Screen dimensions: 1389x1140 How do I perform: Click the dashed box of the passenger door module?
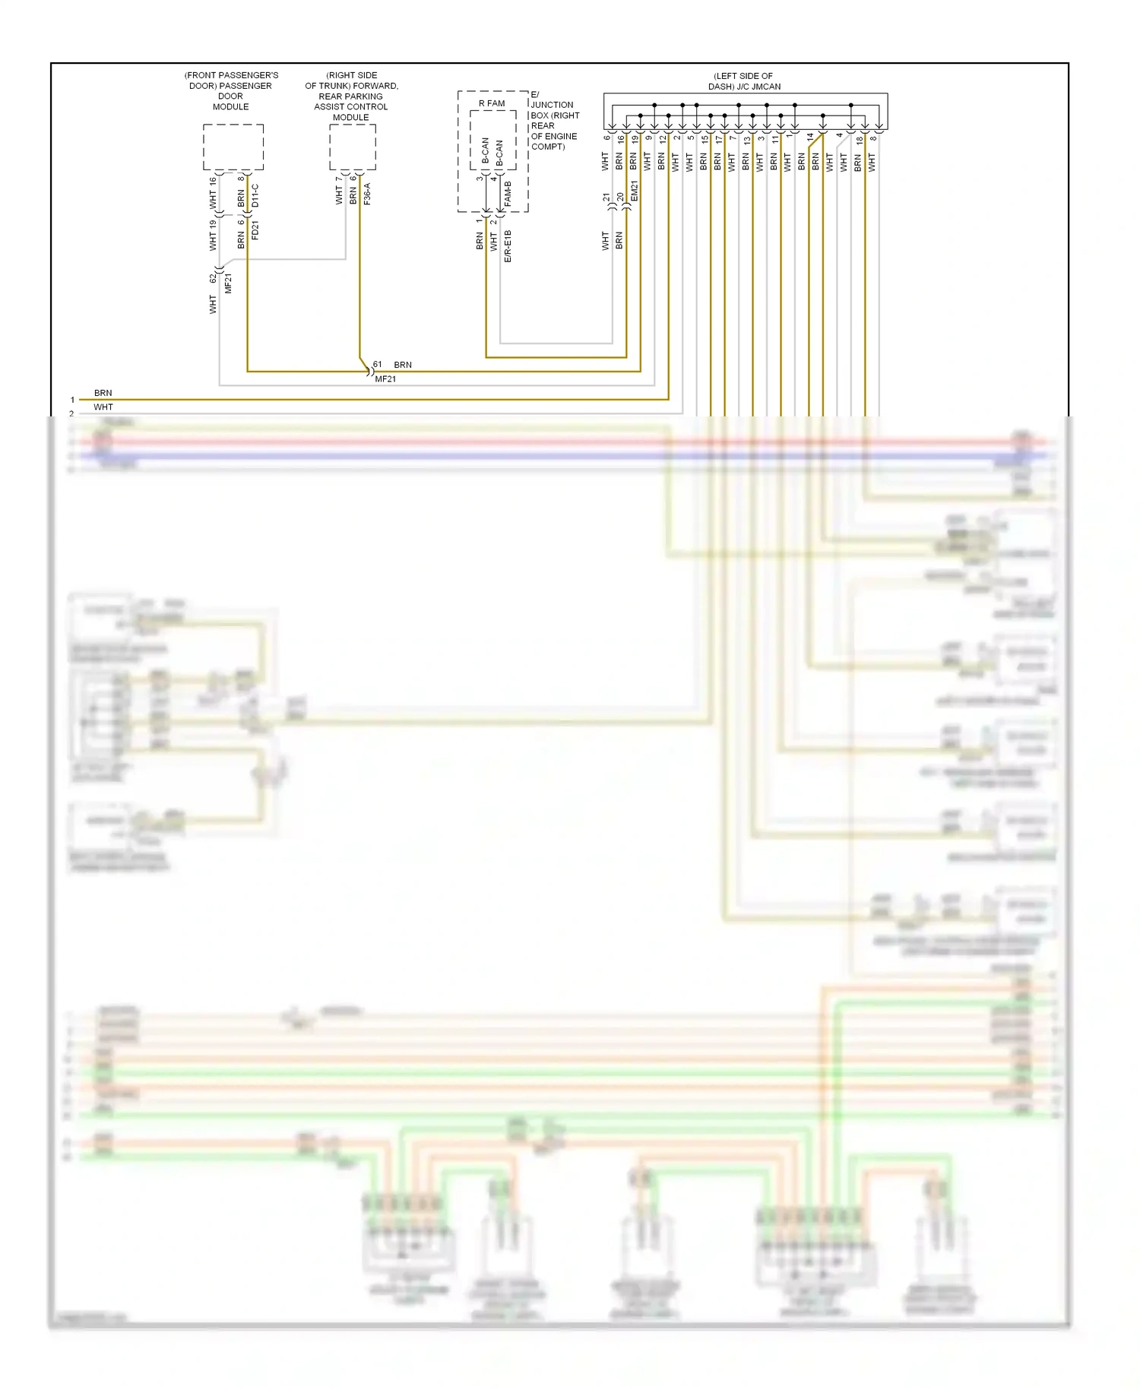(233, 147)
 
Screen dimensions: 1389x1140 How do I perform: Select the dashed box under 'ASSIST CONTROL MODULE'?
(352, 147)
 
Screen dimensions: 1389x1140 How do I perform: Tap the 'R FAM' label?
(492, 103)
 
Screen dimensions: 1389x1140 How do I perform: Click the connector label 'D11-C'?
(255, 195)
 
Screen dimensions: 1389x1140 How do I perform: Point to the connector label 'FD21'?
(255, 230)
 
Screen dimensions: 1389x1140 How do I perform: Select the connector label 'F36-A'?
(367, 194)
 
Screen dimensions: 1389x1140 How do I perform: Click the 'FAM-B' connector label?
(508, 195)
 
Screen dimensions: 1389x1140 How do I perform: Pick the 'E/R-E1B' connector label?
(508, 246)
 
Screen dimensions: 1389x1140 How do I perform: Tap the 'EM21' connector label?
(635, 191)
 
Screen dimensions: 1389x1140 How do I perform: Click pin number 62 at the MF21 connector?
(214, 279)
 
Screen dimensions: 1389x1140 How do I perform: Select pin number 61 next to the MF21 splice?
(378, 365)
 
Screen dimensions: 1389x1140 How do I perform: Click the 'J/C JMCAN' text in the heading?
(758, 87)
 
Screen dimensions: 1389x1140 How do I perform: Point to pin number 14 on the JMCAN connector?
(810, 138)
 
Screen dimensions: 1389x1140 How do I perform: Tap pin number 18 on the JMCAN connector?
(860, 140)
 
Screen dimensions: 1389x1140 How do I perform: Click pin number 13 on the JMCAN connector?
(747, 140)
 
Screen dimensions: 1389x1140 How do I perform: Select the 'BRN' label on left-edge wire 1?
(103, 393)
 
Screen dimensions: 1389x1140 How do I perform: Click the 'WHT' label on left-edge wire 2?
(103, 407)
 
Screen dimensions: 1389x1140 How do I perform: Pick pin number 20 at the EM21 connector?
(621, 197)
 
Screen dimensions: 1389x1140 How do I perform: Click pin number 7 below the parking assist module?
(339, 180)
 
